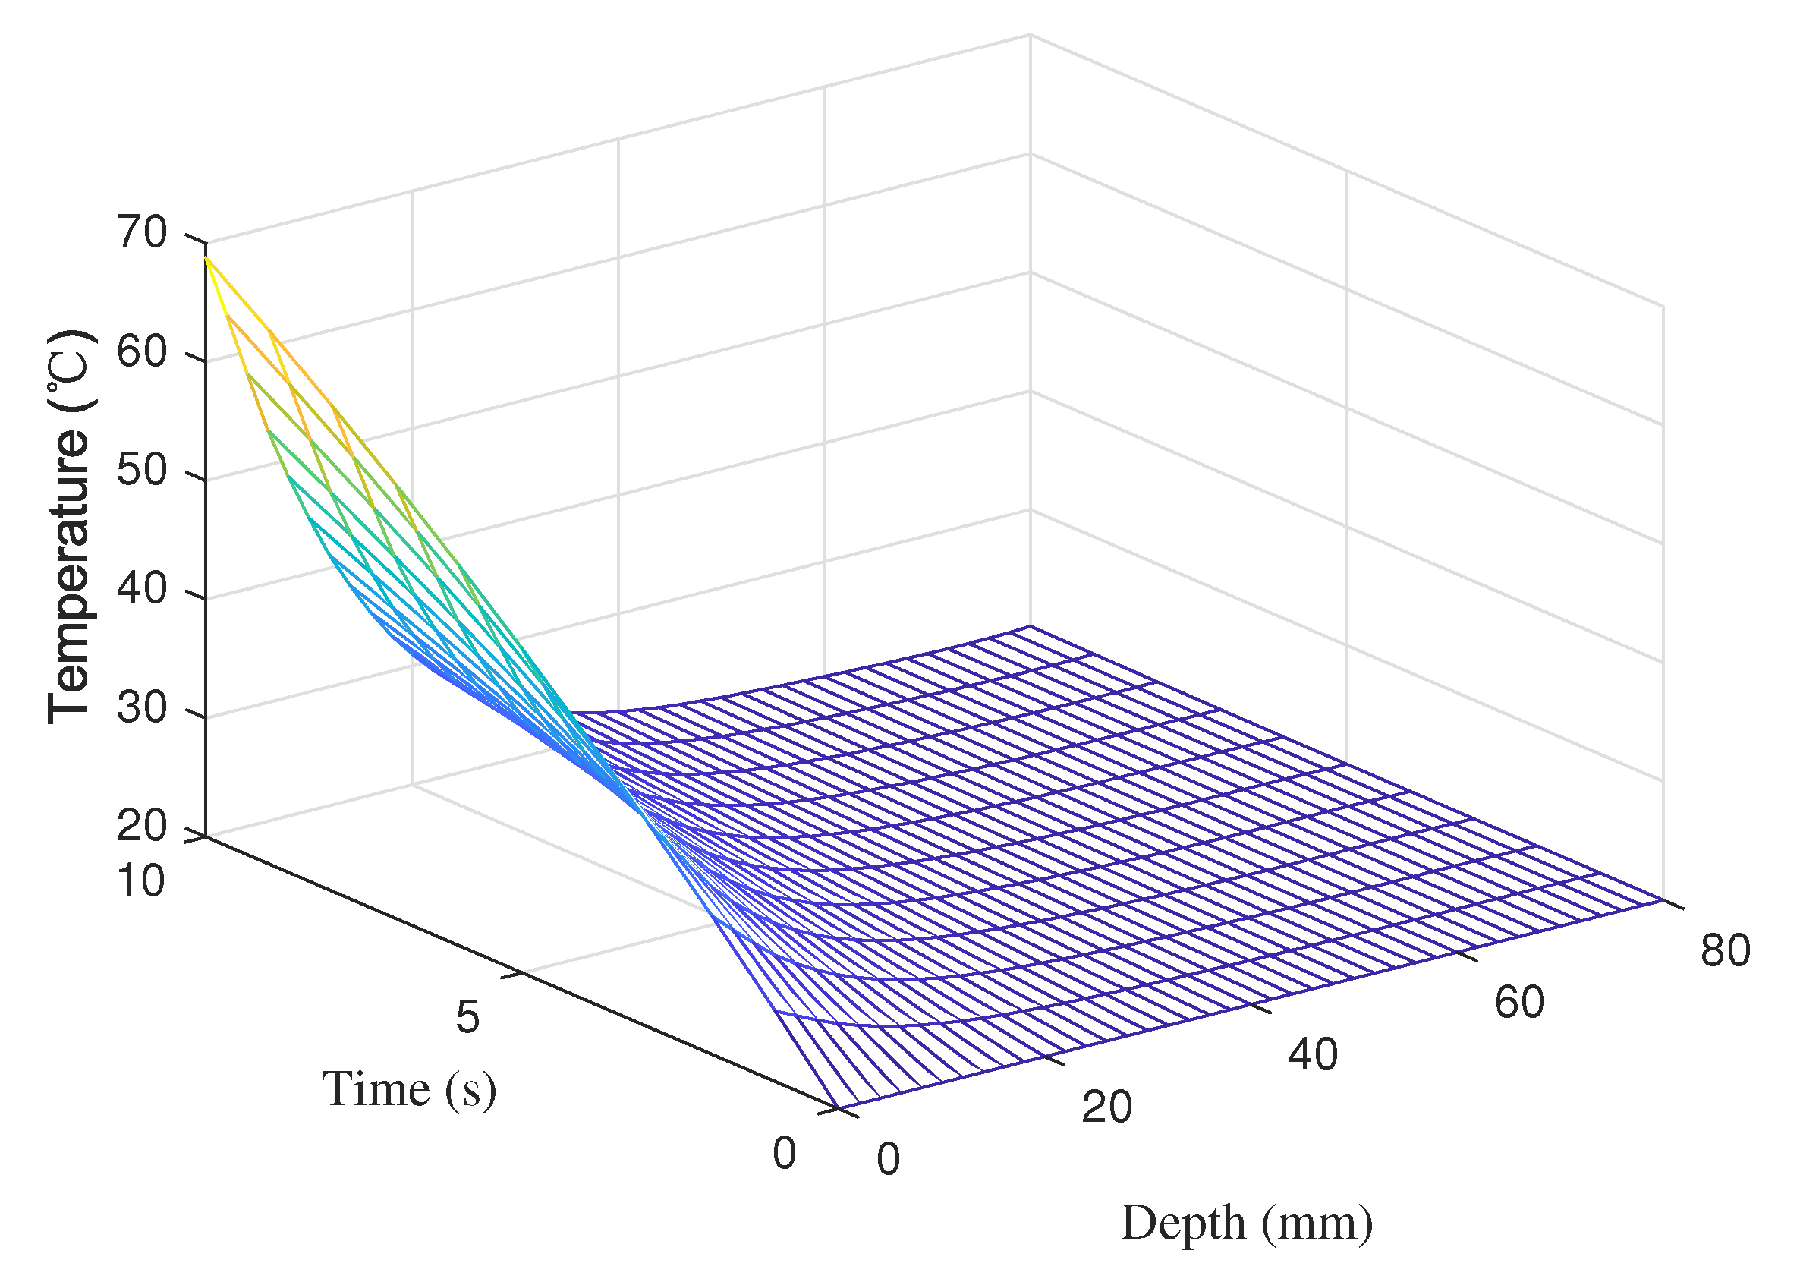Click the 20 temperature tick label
click(142, 826)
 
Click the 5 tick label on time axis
click(467, 1017)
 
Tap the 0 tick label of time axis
click(785, 1153)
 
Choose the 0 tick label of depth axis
click(888, 1160)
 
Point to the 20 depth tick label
click(1106, 1107)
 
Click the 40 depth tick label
click(1313, 1054)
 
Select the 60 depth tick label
click(1519, 1002)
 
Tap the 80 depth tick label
click(1726, 950)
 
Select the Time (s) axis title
click(409, 1089)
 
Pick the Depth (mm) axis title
click(1247, 1224)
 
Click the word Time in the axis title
click(376, 1089)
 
